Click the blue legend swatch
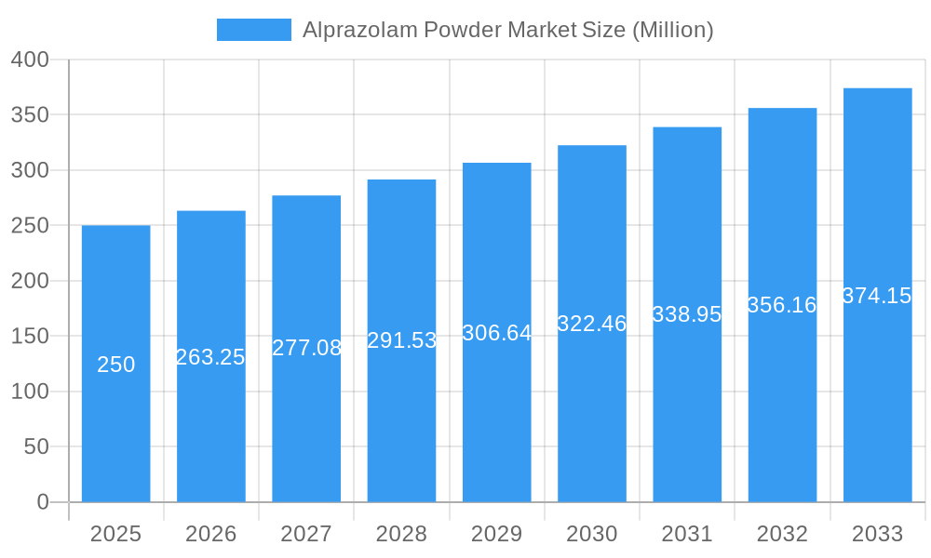point(253,30)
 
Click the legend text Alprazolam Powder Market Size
point(507,30)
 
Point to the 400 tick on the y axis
point(30,60)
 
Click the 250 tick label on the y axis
point(30,226)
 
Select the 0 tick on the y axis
point(43,502)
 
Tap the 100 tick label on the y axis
point(30,392)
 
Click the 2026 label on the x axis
point(210,534)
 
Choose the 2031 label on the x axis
point(687,534)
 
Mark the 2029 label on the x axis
point(496,534)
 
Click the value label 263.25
point(210,357)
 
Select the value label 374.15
point(877,296)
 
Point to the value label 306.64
point(497,333)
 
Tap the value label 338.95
point(687,314)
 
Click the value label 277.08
point(306,348)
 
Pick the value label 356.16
point(782,305)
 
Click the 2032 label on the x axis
point(782,534)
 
